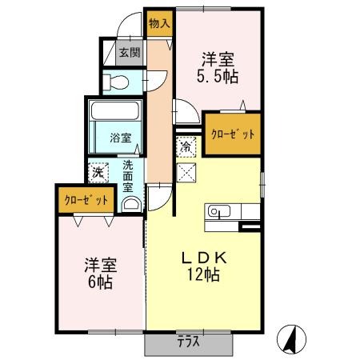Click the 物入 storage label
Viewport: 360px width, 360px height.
click(159, 24)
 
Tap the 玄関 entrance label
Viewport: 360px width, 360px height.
click(130, 54)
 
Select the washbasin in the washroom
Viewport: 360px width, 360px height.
click(131, 204)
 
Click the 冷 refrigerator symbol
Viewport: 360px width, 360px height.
click(186, 146)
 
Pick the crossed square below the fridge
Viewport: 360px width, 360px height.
click(186, 170)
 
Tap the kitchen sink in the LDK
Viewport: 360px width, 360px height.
click(218, 212)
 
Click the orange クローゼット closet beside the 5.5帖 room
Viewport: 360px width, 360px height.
click(233, 134)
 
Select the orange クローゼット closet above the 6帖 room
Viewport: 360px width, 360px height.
click(82, 200)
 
